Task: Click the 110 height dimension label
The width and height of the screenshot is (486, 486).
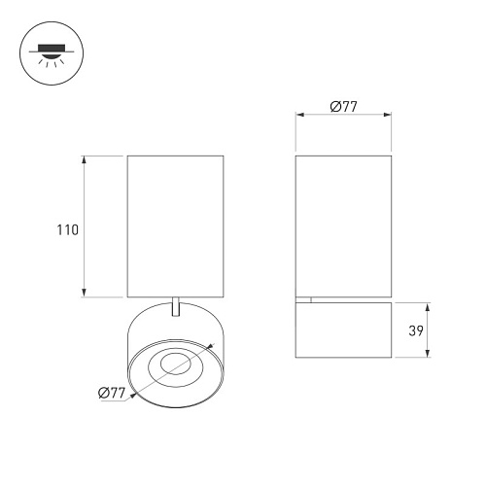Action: point(68,230)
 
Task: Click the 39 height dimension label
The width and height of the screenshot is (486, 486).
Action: point(416,330)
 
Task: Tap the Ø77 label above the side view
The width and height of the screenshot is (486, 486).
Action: point(343,107)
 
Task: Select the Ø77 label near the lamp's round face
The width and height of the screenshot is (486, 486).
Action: point(112,393)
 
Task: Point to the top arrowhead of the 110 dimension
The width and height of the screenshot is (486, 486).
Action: point(84,159)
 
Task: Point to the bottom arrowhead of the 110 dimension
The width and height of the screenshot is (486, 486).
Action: point(84,293)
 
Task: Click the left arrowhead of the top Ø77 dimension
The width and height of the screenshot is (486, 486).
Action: point(300,115)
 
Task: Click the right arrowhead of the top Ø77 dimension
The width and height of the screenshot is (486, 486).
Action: point(387,115)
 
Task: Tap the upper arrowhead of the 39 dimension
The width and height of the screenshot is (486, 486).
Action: point(428,307)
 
